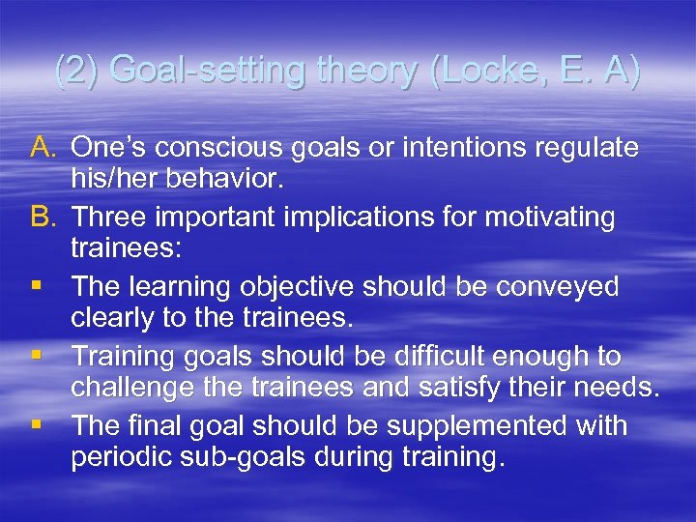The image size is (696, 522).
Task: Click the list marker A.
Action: point(43,148)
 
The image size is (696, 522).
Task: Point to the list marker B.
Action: point(43,217)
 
